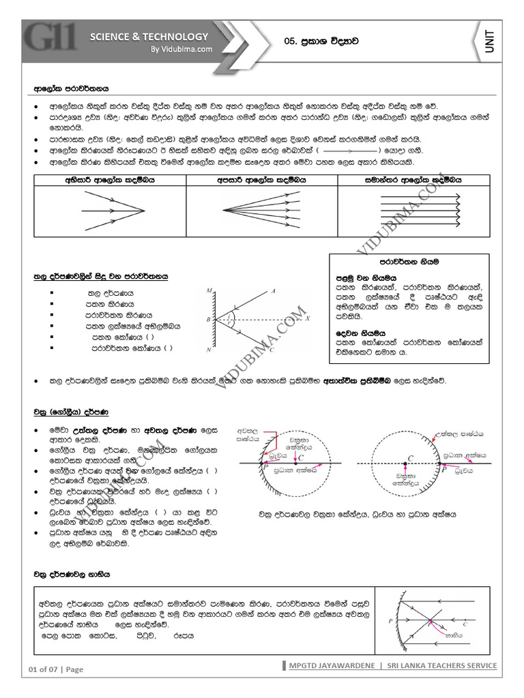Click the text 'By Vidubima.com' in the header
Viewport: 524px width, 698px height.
point(181,49)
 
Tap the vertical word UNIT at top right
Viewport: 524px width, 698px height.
point(491,42)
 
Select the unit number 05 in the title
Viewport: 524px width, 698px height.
point(291,42)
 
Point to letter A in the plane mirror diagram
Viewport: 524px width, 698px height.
point(273,291)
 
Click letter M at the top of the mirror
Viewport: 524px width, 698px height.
point(209,291)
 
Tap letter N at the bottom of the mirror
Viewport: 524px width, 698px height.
point(208,350)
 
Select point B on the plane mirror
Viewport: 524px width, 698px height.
point(208,319)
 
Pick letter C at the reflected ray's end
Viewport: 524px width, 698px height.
point(272,350)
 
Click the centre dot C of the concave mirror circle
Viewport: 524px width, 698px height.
point(295,464)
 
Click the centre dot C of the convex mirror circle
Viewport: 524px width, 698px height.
point(404,464)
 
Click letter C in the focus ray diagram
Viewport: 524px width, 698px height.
point(465,624)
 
